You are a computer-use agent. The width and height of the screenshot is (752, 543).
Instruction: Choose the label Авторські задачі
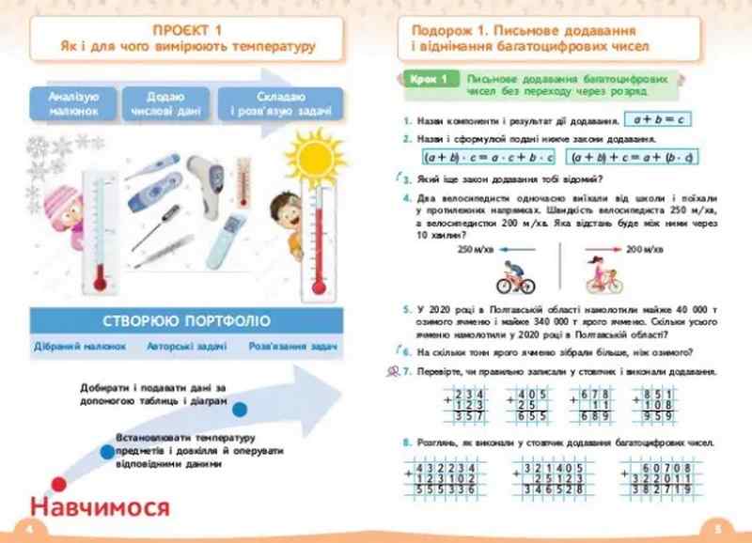[186, 346]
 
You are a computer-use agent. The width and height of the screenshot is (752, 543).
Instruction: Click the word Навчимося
[99, 508]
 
